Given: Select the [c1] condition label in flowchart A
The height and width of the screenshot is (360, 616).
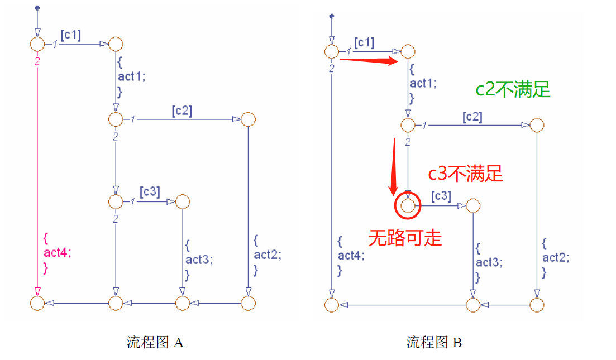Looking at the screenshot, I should (x=70, y=35).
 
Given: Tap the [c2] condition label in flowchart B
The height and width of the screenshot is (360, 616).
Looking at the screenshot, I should (x=472, y=117).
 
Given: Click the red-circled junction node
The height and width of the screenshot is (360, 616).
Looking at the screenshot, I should (x=408, y=206).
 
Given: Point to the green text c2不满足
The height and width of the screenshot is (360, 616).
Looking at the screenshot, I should (x=513, y=89).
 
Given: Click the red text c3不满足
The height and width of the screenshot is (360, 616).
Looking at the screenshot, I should (x=465, y=174).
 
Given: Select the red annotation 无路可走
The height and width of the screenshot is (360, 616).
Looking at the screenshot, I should (x=405, y=238).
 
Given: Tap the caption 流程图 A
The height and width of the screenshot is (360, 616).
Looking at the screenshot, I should (x=155, y=342).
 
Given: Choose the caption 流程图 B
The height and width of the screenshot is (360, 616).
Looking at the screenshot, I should (x=434, y=342).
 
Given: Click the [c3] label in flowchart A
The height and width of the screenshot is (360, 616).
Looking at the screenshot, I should (x=150, y=193).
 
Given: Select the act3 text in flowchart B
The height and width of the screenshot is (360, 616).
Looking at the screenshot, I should (x=489, y=262).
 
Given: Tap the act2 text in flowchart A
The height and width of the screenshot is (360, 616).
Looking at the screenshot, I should (x=268, y=255).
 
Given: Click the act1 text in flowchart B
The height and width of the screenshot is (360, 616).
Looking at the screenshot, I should (x=423, y=84).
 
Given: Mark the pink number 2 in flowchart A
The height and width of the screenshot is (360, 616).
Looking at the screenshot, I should (x=37, y=61).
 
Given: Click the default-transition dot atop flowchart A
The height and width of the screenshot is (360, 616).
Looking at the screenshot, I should (x=37, y=8).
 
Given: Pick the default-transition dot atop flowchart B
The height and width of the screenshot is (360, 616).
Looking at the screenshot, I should (x=332, y=16).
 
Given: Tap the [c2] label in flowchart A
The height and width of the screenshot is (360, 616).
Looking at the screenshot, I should (x=182, y=111).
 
